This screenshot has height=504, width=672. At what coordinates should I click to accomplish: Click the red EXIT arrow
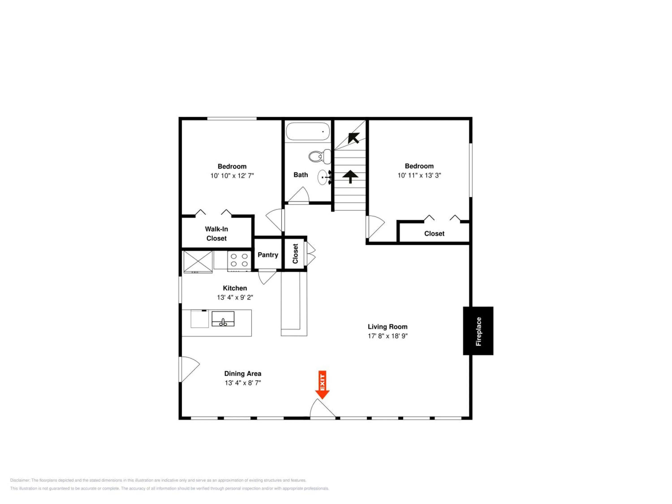tap(322, 385)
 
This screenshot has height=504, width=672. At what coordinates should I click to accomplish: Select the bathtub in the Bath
tap(308, 131)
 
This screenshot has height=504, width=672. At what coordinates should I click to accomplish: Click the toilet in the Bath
tap(320, 156)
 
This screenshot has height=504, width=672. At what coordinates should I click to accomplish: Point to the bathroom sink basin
tap(323, 177)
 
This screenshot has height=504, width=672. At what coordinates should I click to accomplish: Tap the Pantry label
tap(268, 255)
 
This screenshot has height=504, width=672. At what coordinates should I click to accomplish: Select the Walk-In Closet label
tap(216, 234)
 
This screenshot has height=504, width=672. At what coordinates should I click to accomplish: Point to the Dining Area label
tap(243, 374)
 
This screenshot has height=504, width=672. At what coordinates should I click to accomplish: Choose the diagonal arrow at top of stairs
tap(353, 138)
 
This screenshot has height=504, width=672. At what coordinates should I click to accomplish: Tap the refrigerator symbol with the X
tap(198, 262)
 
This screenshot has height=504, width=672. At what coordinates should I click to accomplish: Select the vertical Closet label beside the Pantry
tap(295, 254)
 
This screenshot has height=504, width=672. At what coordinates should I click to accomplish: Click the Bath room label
tap(301, 175)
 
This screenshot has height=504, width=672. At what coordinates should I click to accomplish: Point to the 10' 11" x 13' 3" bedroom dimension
tap(419, 175)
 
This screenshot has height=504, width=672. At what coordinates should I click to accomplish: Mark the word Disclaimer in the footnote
tap(20, 480)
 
